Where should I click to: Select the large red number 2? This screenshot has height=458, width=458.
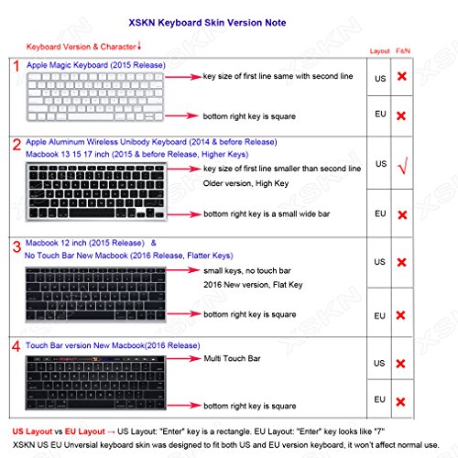point(16,145)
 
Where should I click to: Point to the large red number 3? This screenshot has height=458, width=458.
point(16,245)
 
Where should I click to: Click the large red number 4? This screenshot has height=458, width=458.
point(16,345)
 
